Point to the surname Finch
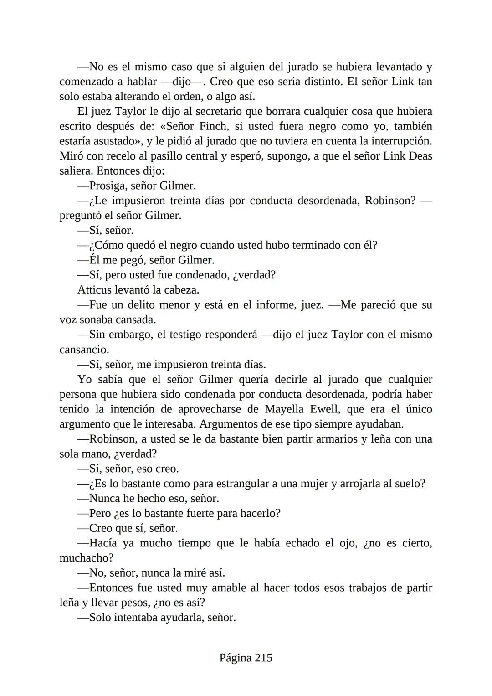[x=214, y=126]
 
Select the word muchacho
[x=84, y=558]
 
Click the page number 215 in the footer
[x=263, y=658]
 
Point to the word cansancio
[x=84, y=350]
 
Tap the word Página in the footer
[x=235, y=658]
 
